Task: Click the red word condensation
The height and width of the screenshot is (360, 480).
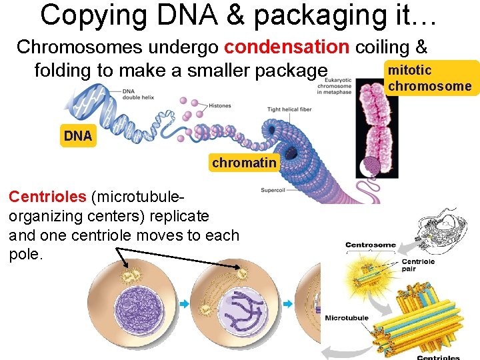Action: click(287, 47)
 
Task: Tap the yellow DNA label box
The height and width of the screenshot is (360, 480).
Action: click(78, 136)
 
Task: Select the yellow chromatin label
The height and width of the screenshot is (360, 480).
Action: click(244, 163)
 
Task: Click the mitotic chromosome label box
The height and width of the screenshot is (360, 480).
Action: click(429, 78)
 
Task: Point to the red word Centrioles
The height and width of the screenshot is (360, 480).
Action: click(47, 197)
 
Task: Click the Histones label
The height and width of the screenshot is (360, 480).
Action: click(220, 105)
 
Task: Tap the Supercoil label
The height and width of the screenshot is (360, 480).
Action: click(273, 190)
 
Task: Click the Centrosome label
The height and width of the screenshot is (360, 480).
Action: click(371, 245)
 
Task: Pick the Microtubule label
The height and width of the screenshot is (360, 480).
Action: click(347, 318)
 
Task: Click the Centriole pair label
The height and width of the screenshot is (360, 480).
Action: click(418, 265)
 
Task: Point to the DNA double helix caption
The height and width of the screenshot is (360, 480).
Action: click(139, 94)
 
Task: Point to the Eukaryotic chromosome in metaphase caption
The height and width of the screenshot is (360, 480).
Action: click(335, 85)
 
